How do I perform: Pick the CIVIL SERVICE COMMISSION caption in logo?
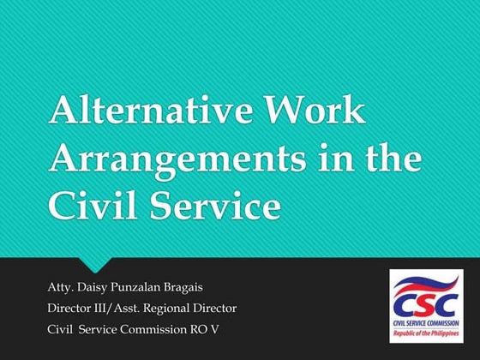(426, 324)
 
